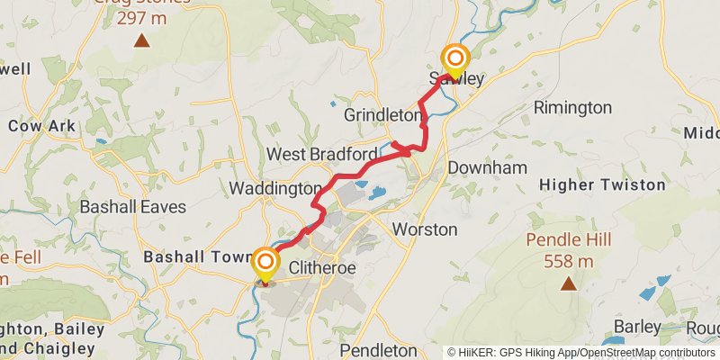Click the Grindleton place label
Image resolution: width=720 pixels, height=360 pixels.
(382, 115)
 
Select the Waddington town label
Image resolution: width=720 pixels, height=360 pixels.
(275, 189)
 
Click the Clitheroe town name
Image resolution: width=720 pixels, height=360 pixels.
(323, 268)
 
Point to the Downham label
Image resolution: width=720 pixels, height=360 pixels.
(487, 167)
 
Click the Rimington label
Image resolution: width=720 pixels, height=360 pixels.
(572, 108)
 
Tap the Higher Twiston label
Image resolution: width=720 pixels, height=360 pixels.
(602, 184)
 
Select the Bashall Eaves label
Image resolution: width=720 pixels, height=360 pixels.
(133, 207)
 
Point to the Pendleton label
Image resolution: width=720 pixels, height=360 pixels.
(378, 349)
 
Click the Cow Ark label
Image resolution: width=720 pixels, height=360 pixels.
(42, 126)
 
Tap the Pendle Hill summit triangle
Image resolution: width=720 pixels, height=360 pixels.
(568, 284)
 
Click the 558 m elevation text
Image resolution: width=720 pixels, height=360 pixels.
(568, 262)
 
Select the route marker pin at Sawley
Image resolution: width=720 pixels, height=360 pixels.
(454, 61)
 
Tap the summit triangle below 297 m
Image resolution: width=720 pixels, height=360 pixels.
(141, 40)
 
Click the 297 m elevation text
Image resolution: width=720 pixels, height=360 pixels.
(141, 17)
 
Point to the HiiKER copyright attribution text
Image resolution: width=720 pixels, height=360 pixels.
(581, 352)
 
